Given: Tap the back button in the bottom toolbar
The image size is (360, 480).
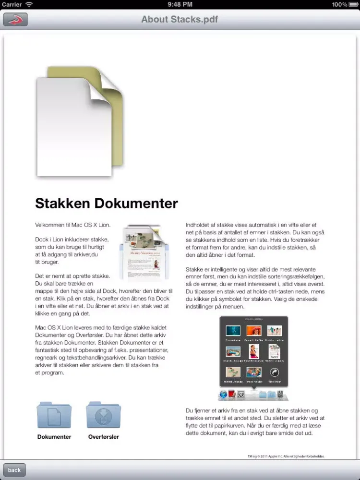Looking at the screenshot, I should tap(14, 470).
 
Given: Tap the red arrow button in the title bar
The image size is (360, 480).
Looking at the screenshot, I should tap(15, 20).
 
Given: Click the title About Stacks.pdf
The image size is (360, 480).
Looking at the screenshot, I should tap(180, 20).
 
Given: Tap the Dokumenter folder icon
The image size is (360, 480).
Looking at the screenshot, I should tap(54, 416).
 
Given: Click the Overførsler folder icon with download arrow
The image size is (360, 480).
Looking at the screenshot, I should tap(103, 416).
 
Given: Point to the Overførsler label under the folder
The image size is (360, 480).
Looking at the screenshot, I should tap(104, 437).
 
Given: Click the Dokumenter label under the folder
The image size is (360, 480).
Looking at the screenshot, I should tap(54, 437).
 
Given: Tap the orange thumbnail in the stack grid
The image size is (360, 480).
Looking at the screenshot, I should tap(253, 331).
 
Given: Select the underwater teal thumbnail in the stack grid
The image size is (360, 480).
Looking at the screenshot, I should tap(233, 331).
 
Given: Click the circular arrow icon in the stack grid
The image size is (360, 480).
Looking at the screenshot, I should tap(274, 372).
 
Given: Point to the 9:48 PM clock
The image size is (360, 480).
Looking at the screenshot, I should tap(180, 4).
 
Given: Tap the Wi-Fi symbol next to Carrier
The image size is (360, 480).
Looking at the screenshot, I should tap(29, 4).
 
